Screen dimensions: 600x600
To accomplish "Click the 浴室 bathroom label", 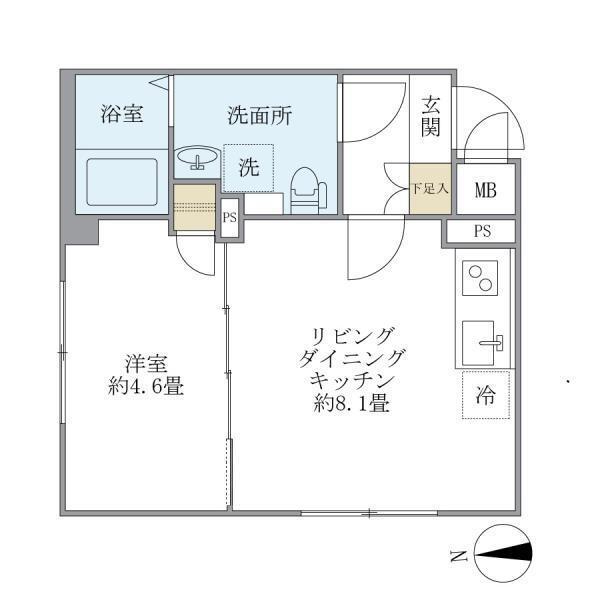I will (x=121, y=115).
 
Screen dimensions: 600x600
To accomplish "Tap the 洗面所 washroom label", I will (x=259, y=115).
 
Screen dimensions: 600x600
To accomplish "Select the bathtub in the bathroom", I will (x=118, y=183).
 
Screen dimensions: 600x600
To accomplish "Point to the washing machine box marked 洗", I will (x=248, y=168).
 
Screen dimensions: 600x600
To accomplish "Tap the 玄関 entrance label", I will (x=431, y=116).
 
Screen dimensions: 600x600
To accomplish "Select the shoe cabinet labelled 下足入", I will (x=430, y=187).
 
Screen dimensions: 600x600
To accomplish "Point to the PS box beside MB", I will (x=482, y=232).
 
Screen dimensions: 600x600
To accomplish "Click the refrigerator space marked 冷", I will (x=485, y=395).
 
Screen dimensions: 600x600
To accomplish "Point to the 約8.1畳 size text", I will (x=348, y=405).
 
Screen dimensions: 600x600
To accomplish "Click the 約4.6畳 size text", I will (x=146, y=385).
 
